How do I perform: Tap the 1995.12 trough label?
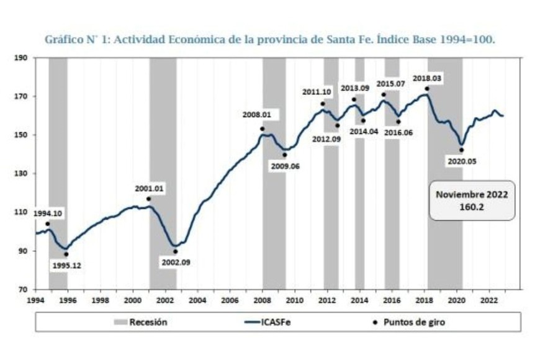66,265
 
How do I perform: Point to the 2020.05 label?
461,160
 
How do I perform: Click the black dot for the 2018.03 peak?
427,89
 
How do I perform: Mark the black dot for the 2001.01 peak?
149,199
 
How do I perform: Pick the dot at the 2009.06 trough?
285,155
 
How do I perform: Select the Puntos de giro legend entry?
410,322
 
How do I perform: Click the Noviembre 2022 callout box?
472,200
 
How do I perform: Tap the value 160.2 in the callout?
472,207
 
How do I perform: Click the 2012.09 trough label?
326,138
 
